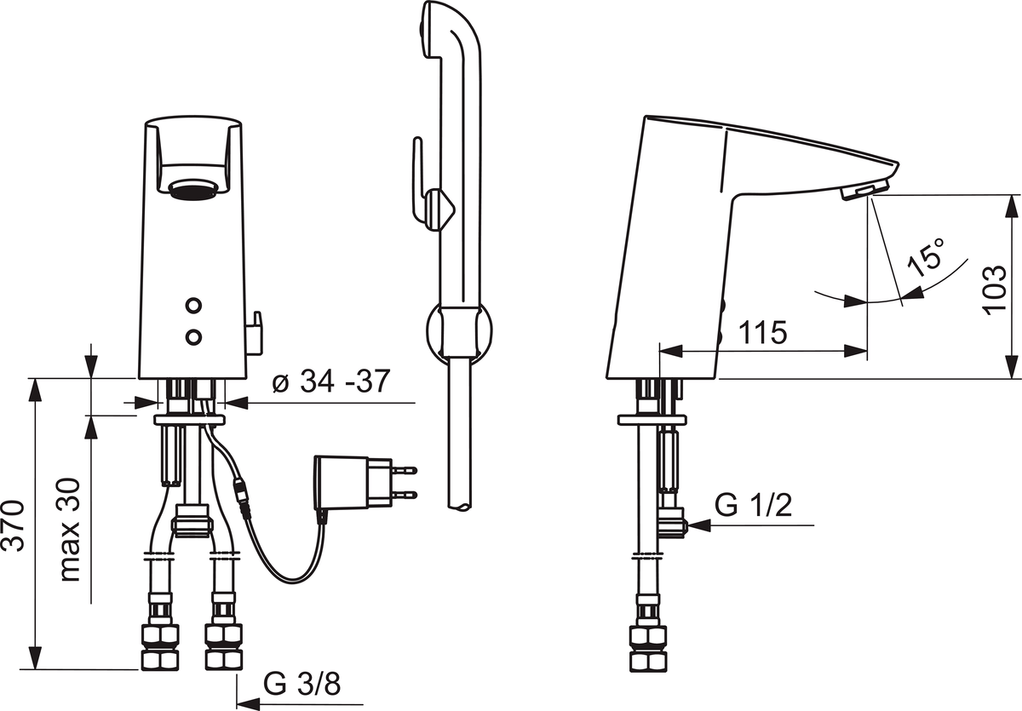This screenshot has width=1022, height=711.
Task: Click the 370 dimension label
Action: point(14,526)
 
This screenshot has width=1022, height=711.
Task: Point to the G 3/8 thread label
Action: point(301,684)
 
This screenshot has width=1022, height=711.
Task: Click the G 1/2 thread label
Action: point(753,505)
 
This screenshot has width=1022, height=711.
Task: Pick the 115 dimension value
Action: point(763,332)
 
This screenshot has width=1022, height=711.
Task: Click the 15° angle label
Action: point(927,257)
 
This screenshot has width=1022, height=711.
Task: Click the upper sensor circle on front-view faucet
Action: point(194,305)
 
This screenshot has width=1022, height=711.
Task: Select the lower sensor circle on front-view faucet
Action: point(194,336)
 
